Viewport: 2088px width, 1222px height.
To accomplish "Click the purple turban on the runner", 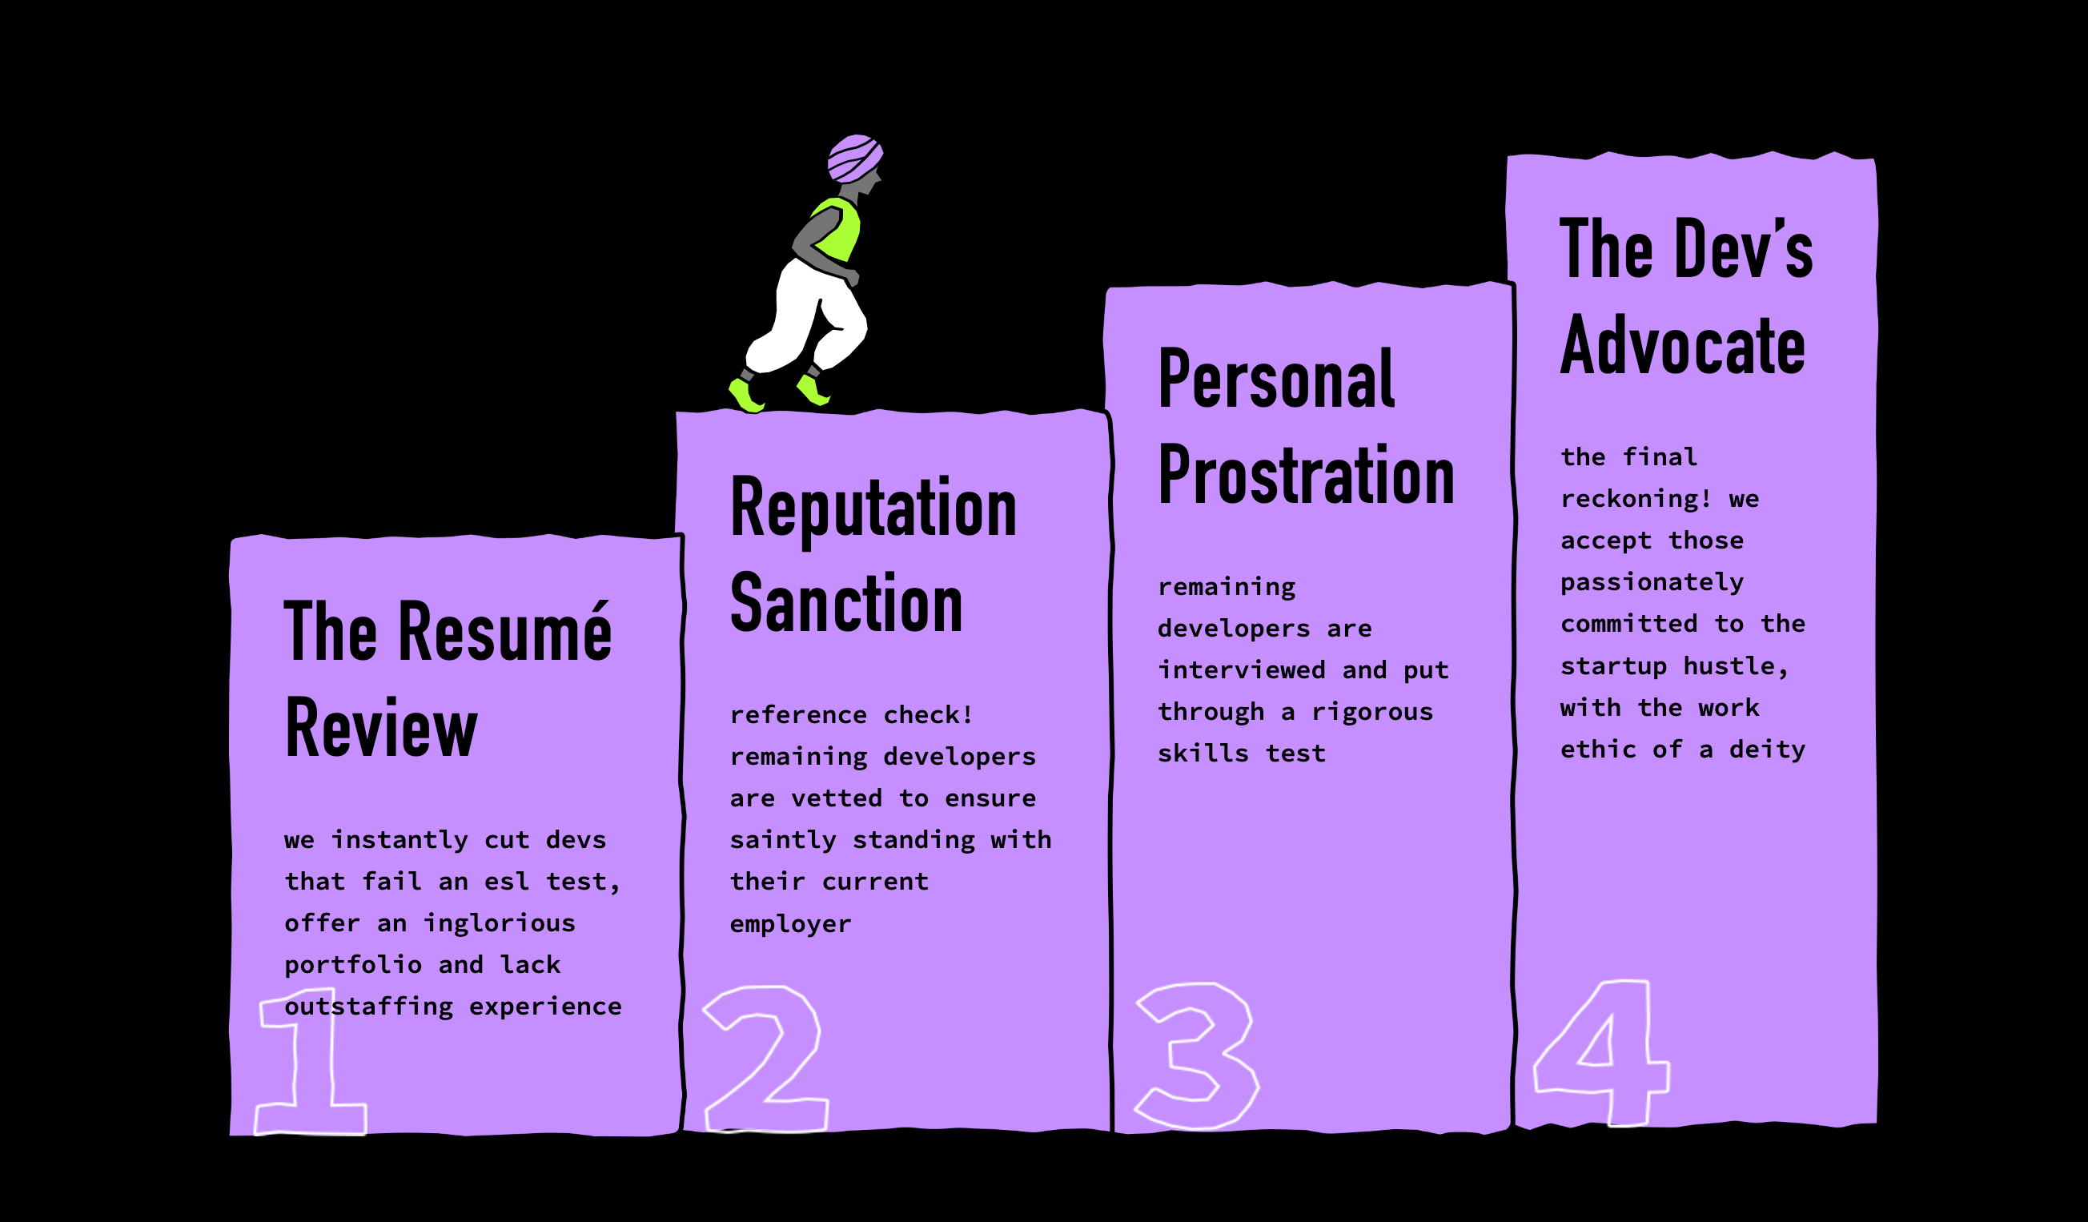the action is tap(854, 158).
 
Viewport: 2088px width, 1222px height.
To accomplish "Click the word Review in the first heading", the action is tap(381, 728).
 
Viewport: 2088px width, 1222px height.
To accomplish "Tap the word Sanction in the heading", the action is tap(846, 603).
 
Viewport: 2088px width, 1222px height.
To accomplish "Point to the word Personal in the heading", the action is tap(1276, 380).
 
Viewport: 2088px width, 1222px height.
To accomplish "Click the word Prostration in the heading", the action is tap(1306, 476).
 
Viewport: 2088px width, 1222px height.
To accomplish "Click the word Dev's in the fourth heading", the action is tap(1743, 248).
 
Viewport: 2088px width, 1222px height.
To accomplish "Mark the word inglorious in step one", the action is tap(500, 923).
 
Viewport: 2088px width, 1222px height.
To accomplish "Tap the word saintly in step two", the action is tap(783, 840).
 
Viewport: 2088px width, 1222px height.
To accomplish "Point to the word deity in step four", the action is tap(1767, 750).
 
